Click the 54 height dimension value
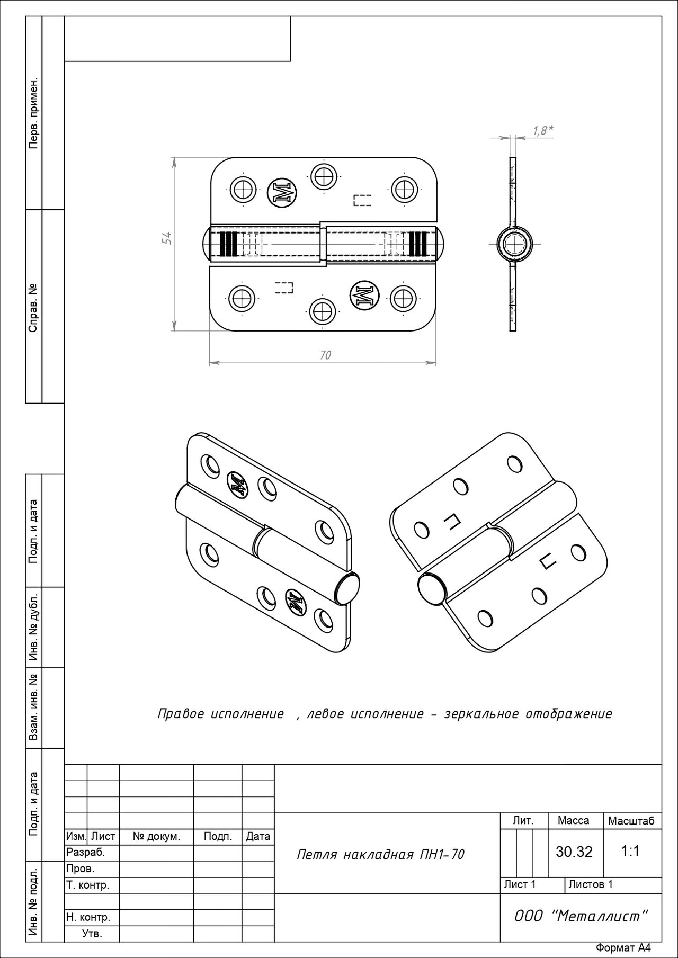(166, 239)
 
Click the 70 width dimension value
(325, 355)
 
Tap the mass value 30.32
(574, 852)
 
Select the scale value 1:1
(630, 851)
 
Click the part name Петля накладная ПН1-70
(380, 854)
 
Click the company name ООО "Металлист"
(581, 916)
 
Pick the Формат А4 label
(622, 948)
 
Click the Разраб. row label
(85, 852)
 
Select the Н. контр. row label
(88, 917)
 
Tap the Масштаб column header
(631, 821)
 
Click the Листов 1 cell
(590, 884)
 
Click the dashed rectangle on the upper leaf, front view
(362, 200)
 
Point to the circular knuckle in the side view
(513, 244)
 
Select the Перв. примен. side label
(33, 113)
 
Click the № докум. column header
(156, 836)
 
